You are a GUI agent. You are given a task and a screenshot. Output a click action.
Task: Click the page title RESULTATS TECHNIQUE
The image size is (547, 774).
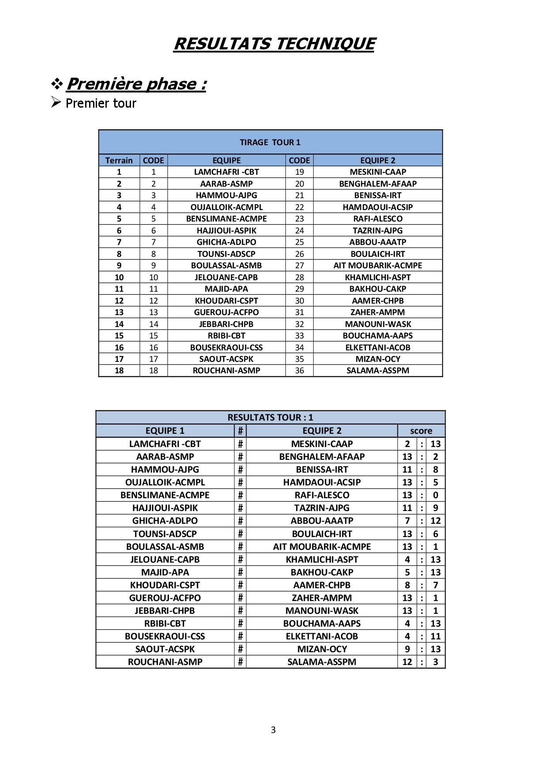pos(273,44)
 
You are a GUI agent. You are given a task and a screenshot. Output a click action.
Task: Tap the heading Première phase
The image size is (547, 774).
pos(136,84)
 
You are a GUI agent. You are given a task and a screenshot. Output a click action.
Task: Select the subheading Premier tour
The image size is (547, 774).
pos(101,103)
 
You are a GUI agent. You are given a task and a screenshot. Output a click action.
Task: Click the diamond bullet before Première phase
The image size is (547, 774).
pos(57,83)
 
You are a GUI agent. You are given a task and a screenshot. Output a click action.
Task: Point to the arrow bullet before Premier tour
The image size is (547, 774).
pos(56,102)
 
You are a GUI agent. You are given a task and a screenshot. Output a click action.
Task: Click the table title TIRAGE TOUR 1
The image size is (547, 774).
pos(270,142)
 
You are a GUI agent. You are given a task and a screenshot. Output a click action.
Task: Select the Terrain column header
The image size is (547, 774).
pos(119,160)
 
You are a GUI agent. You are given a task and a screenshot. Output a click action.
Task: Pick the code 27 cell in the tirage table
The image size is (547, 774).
pos(300,265)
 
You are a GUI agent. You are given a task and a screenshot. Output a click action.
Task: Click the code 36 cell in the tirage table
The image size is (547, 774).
pos(300,371)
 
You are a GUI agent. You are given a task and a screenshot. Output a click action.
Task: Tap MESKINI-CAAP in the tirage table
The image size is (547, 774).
pos(378,172)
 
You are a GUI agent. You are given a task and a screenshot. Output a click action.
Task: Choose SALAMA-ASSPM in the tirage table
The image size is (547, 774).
pos(378,371)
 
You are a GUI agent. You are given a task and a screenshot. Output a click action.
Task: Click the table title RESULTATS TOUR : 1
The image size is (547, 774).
pos(270,417)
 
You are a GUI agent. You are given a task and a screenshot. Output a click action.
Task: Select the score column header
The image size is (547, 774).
pos(421,431)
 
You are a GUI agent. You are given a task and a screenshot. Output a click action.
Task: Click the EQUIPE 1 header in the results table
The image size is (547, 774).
pos(165,431)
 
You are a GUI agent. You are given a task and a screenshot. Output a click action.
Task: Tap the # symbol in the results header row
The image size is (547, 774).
pos(240,431)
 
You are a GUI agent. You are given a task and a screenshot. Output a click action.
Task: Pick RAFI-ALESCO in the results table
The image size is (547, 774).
pos(322,495)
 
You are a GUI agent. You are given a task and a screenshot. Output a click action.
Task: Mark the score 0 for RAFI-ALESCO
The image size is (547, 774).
pos(435,495)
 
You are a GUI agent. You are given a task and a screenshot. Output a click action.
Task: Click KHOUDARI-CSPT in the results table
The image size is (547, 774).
pos(165,585)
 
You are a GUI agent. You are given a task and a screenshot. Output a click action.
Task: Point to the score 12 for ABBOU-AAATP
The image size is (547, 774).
pos(435,521)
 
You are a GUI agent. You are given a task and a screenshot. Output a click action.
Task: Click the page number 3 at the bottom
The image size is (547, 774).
pos(273,730)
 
